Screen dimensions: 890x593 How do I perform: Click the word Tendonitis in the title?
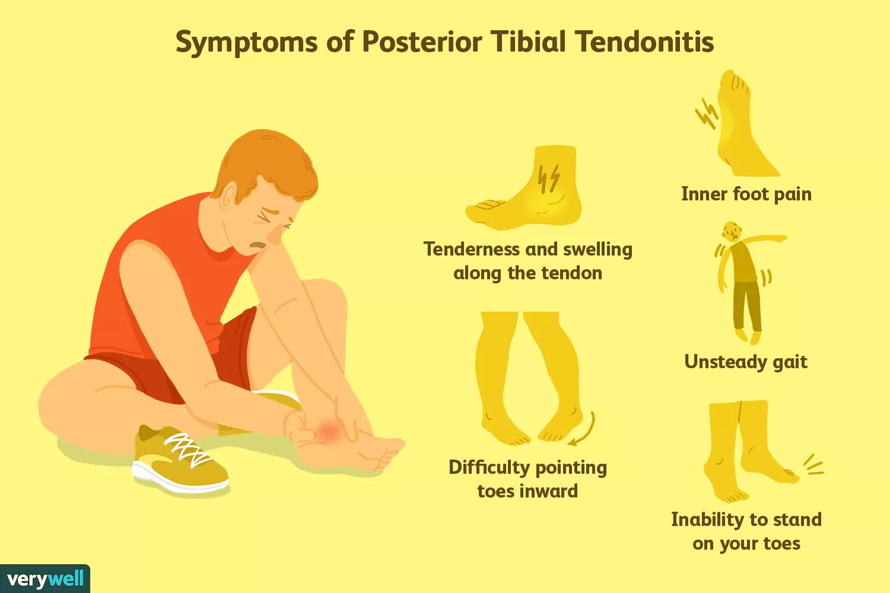(645, 42)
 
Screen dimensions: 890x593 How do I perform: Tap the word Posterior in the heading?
(422, 42)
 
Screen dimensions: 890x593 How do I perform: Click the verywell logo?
(45, 579)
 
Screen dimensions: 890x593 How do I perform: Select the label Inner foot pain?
(746, 195)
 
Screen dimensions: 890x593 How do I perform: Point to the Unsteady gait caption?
(746, 362)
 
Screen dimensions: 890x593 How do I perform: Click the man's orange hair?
(267, 164)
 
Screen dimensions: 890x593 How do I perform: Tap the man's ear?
(228, 196)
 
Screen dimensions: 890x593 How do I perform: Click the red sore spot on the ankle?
(329, 431)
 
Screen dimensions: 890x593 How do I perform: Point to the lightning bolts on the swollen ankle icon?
(549, 178)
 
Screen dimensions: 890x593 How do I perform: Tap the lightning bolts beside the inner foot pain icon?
(707, 113)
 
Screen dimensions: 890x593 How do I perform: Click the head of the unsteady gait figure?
(732, 231)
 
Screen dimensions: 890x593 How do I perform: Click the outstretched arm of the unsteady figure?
(763, 239)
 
